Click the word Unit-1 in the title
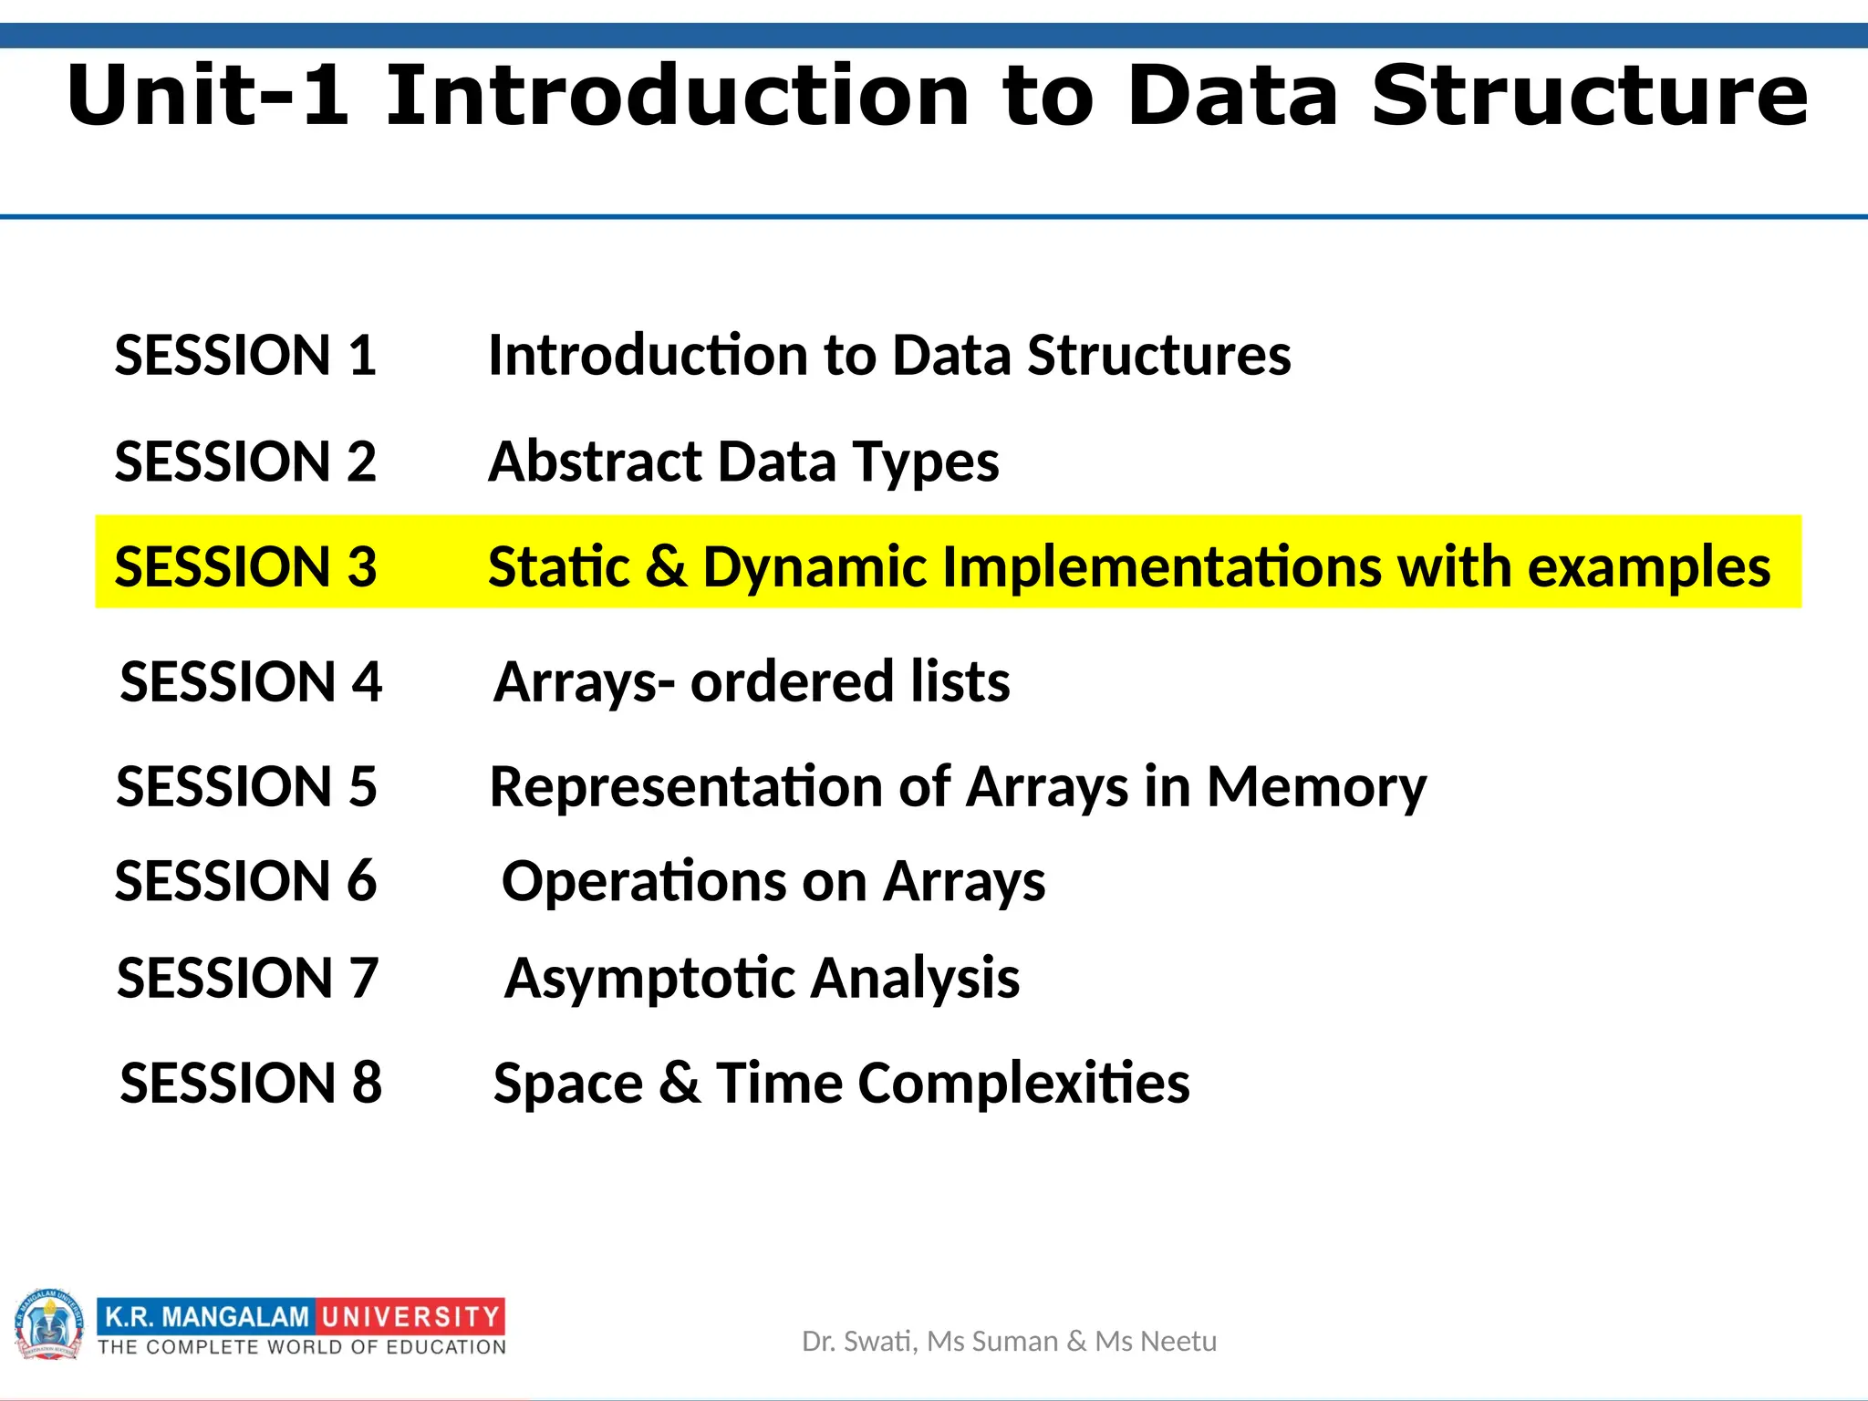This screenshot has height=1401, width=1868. pos(208,96)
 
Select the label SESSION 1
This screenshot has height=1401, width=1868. pos(245,355)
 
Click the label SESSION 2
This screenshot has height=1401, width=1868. pos(245,461)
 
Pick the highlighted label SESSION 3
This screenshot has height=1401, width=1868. pos(245,566)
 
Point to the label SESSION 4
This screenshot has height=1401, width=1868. pos(251,681)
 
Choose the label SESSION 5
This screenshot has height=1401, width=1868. pos(246,786)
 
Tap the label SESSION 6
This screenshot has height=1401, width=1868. pos(245,881)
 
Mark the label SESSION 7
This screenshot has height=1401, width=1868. pos(247,978)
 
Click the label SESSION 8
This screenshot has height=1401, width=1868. pos(251,1083)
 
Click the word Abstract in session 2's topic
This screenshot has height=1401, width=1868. pos(594,461)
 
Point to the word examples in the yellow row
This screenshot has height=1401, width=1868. pos(1648,568)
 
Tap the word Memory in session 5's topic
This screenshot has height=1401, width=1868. pos(1316,788)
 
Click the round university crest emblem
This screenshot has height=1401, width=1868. pos(49,1325)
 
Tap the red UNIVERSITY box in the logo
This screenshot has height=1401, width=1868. pos(410,1316)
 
